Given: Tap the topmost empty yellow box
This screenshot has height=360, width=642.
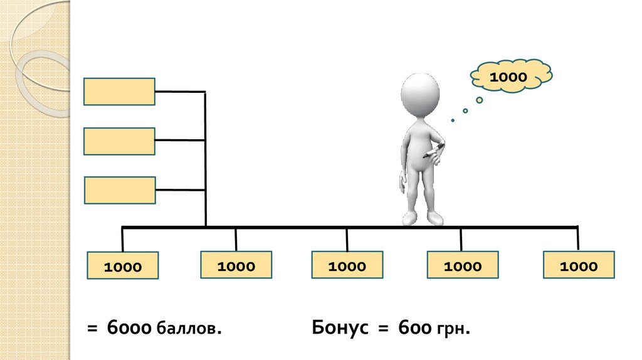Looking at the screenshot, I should click(x=119, y=92).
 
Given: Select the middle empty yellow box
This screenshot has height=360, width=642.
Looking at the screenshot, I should click(x=119, y=141).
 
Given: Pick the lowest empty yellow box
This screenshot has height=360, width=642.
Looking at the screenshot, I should click(x=119, y=190).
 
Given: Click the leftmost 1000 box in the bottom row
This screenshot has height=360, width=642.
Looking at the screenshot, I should click(x=123, y=266).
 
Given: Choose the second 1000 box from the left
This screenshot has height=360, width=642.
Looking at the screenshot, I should click(x=236, y=265).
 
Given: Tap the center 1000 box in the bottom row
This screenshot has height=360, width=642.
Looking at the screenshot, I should click(x=347, y=265).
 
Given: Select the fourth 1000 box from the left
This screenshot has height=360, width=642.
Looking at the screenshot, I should click(x=462, y=265).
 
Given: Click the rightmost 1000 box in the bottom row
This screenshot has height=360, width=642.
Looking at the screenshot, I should click(x=579, y=265).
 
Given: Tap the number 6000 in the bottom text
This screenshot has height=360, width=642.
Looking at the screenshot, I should click(x=129, y=327).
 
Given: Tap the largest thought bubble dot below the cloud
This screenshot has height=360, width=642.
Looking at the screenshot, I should click(x=480, y=100).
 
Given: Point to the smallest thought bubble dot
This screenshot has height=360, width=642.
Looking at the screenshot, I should click(x=453, y=120).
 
